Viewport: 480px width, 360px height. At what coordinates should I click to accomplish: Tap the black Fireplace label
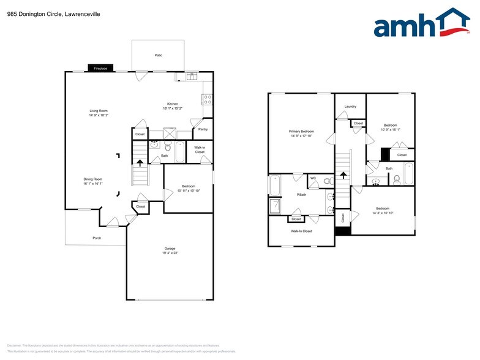(x=100, y=69)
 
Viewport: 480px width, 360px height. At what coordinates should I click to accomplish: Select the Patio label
(x=158, y=56)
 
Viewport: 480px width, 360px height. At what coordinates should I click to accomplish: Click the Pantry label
(x=203, y=129)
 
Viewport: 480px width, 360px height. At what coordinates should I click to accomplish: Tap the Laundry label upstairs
(x=350, y=107)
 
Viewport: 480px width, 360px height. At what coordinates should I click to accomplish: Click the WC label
(x=313, y=178)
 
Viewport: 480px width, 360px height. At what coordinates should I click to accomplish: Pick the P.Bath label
(x=301, y=195)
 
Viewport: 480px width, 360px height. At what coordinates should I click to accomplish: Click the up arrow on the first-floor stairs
(x=140, y=163)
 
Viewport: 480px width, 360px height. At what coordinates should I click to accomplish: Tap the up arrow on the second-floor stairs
(x=343, y=174)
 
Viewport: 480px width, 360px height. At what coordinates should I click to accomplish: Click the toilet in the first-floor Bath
(x=167, y=146)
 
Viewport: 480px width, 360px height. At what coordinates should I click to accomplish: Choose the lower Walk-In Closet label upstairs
(x=299, y=231)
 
